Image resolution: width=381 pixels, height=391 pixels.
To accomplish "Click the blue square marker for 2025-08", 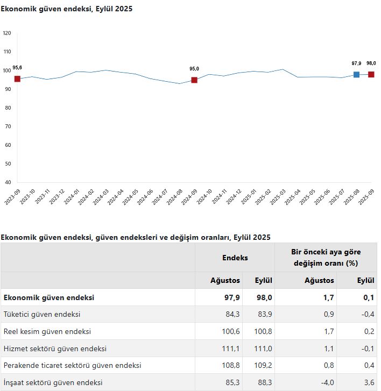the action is point(356,74).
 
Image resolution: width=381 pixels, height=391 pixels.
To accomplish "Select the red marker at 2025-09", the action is point(371,74).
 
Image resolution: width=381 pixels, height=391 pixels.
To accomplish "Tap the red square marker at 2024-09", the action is point(194,80).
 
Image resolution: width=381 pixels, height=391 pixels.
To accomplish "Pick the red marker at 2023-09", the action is point(17,79).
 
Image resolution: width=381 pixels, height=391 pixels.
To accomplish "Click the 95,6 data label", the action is point(17,68).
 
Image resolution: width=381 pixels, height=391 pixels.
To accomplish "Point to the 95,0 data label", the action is point(194,69).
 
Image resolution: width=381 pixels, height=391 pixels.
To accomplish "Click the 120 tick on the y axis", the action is point(7,33).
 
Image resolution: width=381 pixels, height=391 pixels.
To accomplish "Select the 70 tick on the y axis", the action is point(8,126).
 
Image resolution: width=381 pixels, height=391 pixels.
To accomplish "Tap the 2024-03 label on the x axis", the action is point(101,197).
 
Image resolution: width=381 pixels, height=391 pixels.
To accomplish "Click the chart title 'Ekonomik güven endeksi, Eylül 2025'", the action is point(66,9).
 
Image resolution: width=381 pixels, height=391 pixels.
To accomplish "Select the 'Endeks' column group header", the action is point(235,258).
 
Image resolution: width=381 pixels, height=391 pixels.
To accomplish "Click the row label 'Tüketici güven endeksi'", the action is point(42,314).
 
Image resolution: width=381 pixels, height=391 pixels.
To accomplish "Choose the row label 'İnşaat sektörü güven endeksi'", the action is point(53,382).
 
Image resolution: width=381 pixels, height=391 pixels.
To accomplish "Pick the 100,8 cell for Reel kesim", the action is point(263,331).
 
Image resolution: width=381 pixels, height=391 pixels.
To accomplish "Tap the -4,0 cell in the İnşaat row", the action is point(327,382).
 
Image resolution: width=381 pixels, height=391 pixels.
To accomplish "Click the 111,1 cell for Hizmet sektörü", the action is point(230,349).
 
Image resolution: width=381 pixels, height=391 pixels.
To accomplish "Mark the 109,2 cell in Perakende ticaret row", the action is point(263,366).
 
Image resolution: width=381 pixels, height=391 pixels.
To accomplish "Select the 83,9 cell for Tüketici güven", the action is point(265,314).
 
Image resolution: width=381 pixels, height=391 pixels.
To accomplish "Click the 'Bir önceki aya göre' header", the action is point(326,252).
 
